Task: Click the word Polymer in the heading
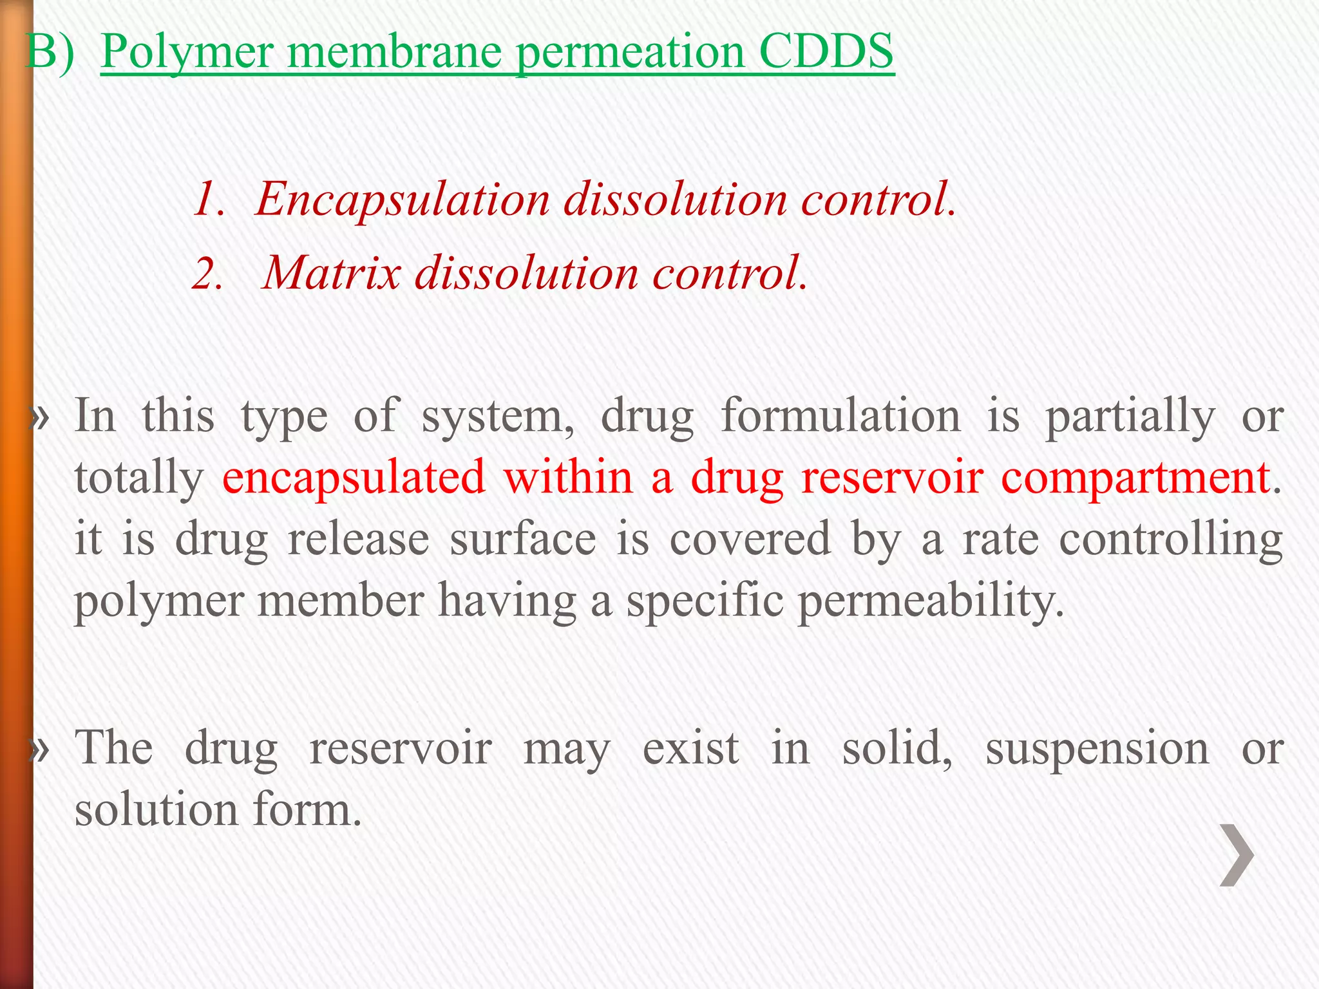tap(187, 52)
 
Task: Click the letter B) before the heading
tap(50, 52)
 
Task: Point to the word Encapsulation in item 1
tap(403, 198)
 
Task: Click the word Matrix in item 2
tap(332, 272)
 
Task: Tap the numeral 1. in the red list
tap(210, 198)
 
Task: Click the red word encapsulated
tap(354, 478)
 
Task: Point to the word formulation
tap(840, 416)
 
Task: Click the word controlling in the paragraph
tap(1171, 540)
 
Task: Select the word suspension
tap(1097, 749)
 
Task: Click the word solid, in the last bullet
tap(897, 748)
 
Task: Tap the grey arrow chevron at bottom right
tap(1237, 855)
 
